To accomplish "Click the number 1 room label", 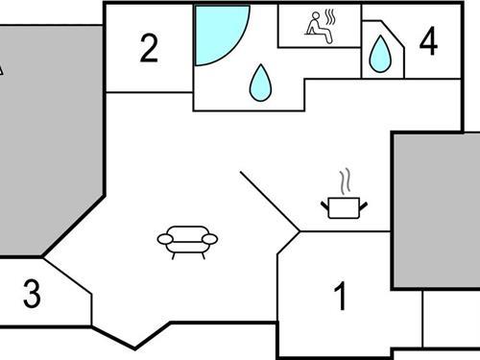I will point(339,298).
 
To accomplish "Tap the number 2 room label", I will point(148,48).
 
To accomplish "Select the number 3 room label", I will point(32,295).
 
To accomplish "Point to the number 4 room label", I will point(428,41).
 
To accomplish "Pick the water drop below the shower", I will point(260,84).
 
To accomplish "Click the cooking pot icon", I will point(343,207).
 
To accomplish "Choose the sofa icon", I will point(187,240).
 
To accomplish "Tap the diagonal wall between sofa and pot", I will point(270,202).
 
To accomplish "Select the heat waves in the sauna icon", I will point(329,20).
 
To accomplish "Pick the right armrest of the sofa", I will point(211,239).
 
